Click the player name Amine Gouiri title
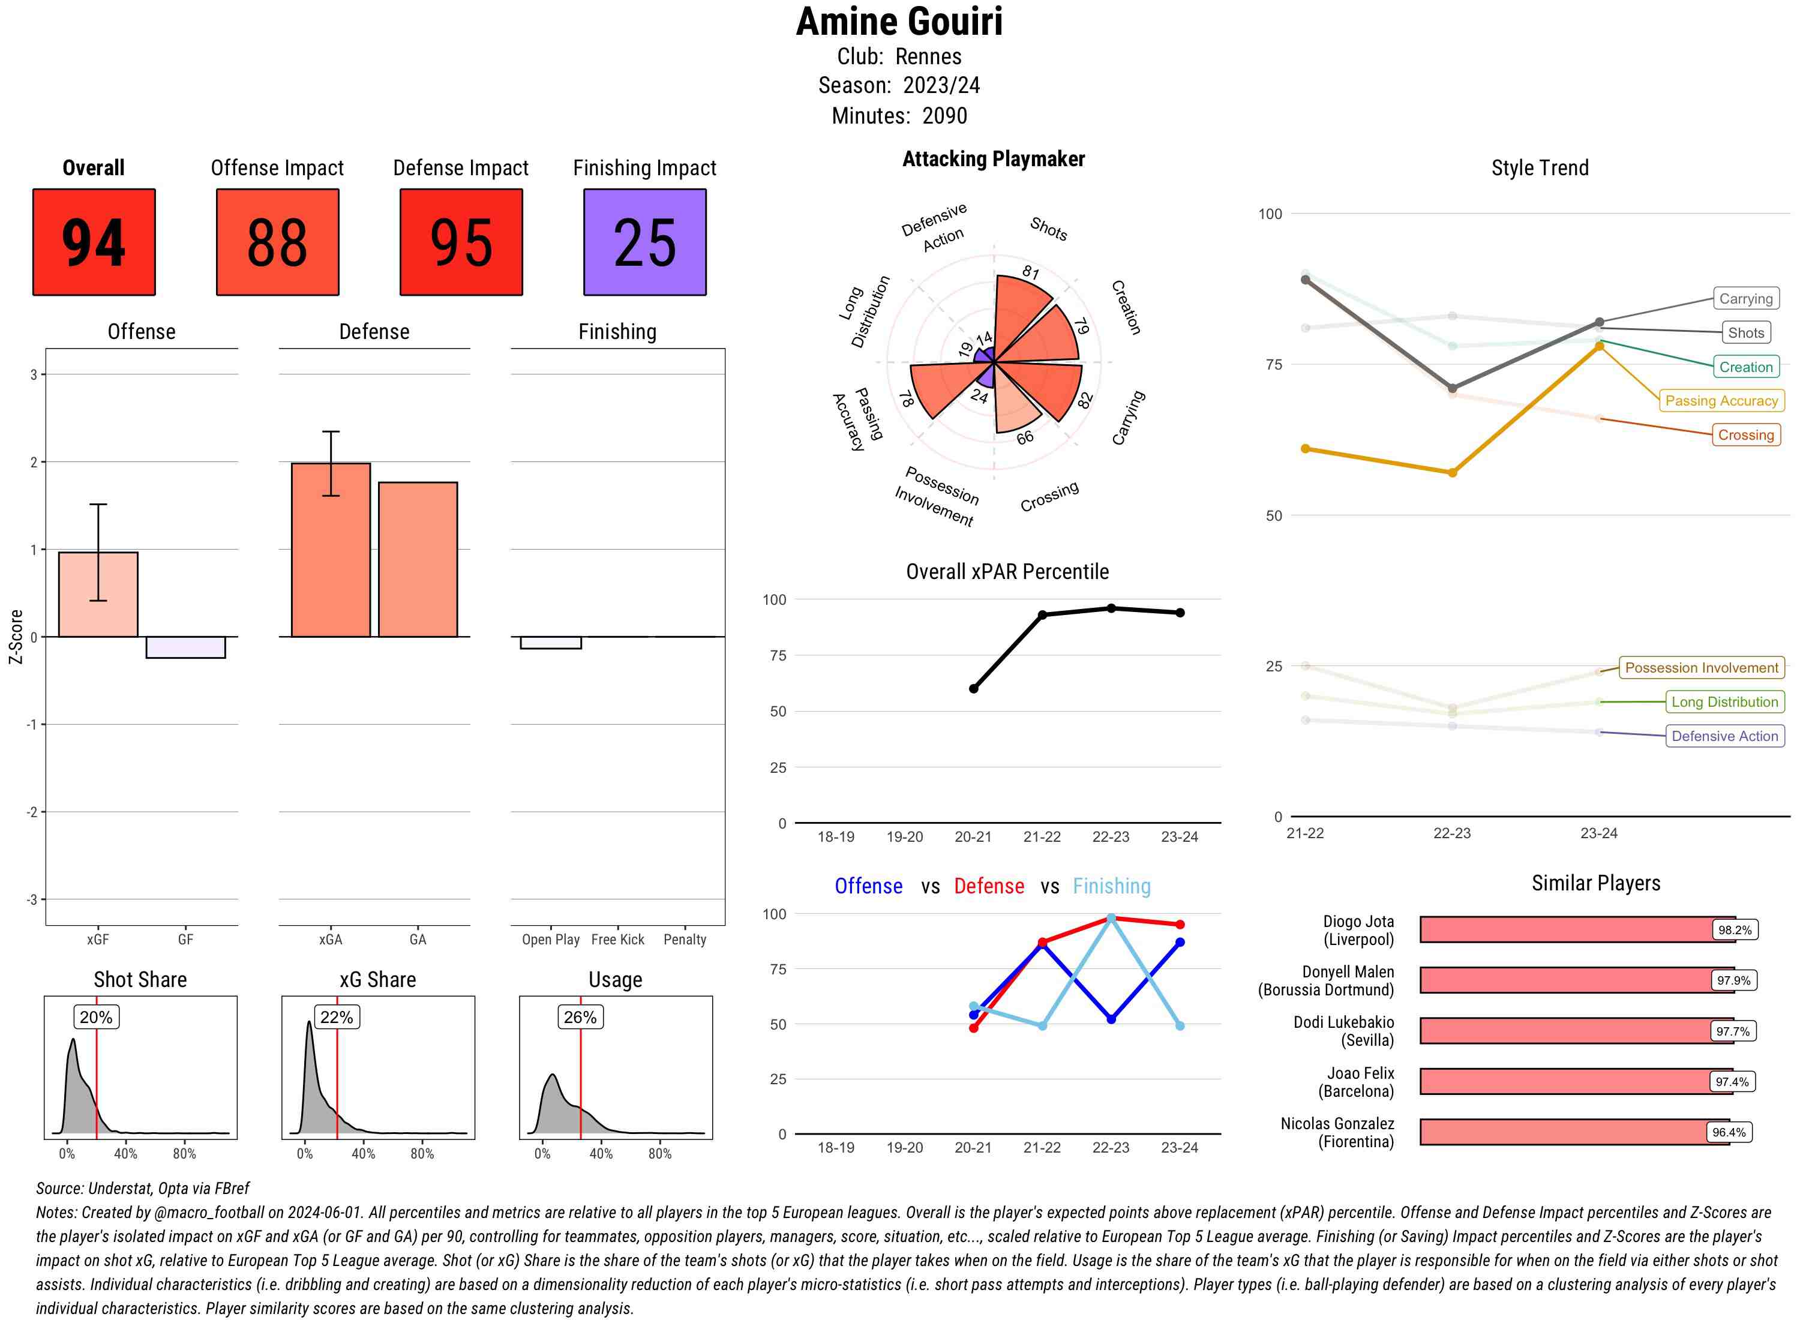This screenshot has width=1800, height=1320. click(899, 22)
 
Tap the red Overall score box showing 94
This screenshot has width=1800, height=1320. click(94, 242)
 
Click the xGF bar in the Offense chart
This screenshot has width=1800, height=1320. click(98, 595)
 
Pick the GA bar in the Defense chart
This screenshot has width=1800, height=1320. click(418, 559)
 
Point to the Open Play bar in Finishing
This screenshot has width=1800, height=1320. click(550, 643)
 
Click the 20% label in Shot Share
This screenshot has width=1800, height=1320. click(96, 1017)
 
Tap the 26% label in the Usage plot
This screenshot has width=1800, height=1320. click(580, 1017)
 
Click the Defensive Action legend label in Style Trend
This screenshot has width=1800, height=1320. click(1724, 736)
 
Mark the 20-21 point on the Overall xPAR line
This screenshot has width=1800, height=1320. click(973, 689)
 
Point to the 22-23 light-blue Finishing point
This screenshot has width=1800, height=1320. click(1111, 919)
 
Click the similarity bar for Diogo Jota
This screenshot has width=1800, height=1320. click(1566, 930)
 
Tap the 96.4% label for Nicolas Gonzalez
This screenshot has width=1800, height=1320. click(1728, 1132)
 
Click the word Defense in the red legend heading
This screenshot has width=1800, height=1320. click(988, 886)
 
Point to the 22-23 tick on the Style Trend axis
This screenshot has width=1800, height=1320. click(1451, 833)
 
